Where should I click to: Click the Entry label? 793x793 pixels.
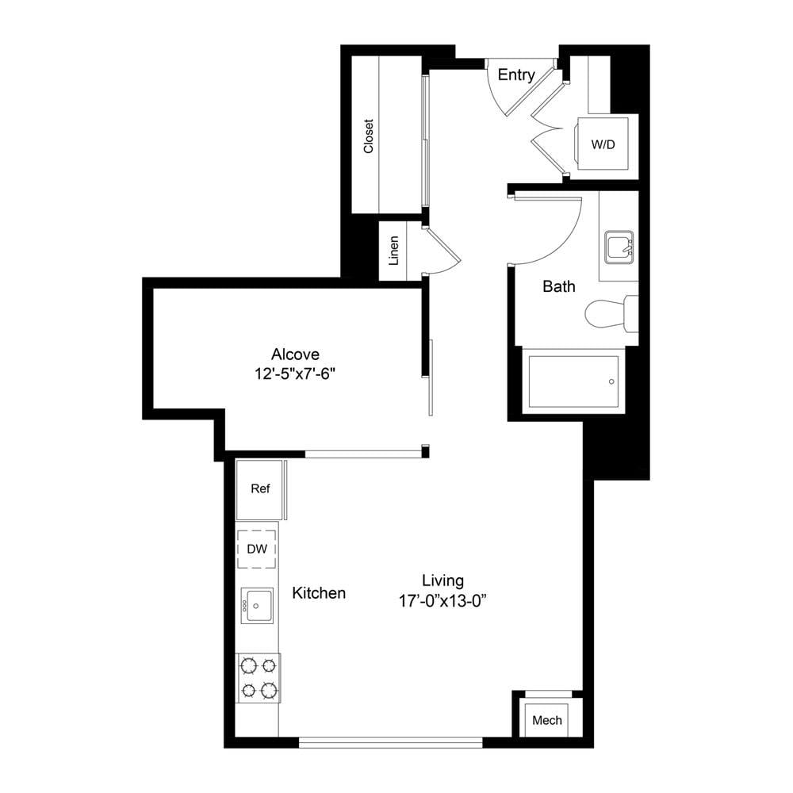[x=516, y=75]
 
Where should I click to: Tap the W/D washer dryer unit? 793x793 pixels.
[x=603, y=144]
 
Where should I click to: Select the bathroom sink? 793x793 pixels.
[x=619, y=247]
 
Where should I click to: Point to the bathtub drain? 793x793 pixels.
[x=611, y=381]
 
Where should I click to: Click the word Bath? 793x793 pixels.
[x=559, y=286]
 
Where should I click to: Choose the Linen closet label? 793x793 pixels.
[x=393, y=251]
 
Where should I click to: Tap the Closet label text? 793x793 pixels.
[x=368, y=136]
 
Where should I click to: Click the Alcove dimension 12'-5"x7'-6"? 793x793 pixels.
[x=295, y=374]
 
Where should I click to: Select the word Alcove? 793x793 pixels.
[x=295, y=354]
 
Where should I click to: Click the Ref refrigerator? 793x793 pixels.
[x=260, y=489]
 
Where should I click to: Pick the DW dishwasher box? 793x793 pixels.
[x=257, y=549]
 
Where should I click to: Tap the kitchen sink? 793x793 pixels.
[x=257, y=605]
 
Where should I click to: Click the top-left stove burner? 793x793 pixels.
[x=249, y=665]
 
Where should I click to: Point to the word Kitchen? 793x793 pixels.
[x=319, y=592]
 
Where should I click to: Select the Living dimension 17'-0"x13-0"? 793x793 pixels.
[x=442, y=601]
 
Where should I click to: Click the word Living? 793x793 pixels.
[x=443, y=580]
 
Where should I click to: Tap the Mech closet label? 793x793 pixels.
[x=547, y=720]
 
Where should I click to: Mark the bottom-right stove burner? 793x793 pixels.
[x=269, y=689]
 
